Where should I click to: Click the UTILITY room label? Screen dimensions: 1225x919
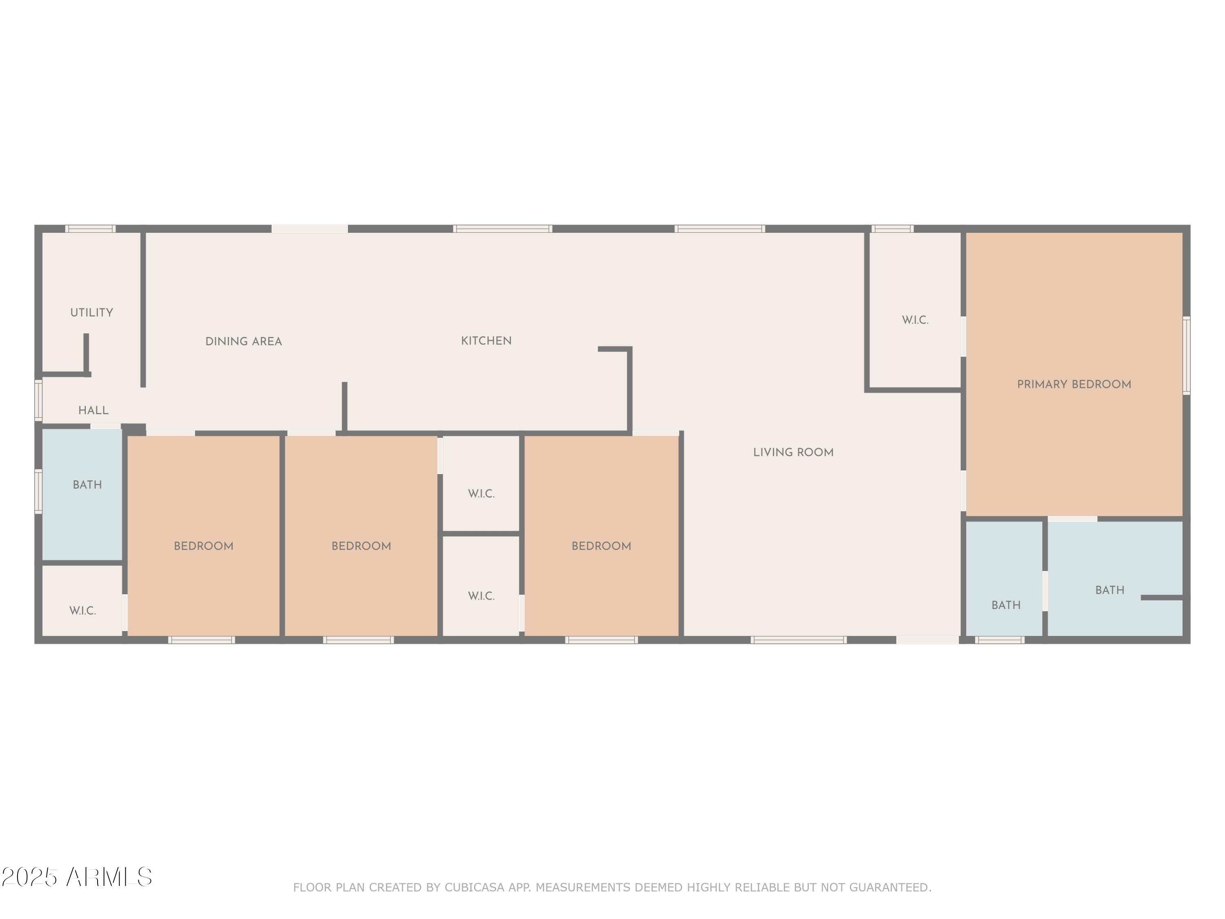click(91, 312)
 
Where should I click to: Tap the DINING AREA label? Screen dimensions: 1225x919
click(244, 341)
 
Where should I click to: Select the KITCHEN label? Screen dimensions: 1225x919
click(486, 341)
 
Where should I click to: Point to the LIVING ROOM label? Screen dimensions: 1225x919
click(793, 452)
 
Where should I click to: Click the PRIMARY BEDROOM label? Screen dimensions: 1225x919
click(1074, 384)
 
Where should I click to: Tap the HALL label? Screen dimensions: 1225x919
click(93, 410)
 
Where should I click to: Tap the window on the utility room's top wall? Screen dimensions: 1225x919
click(90, 229)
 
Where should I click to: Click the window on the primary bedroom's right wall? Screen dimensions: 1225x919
click(1186, 355)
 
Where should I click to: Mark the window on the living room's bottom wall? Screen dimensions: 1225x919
click(799, 640)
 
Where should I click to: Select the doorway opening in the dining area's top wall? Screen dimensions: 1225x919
click(310, 229)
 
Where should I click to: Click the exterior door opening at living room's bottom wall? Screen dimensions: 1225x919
click(928, 640)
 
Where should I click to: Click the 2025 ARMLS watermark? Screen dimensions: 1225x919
click(77, 877)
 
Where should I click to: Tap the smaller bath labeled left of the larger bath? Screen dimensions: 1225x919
click(1006, 605)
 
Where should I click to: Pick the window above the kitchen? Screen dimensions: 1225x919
click(502, 229)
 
